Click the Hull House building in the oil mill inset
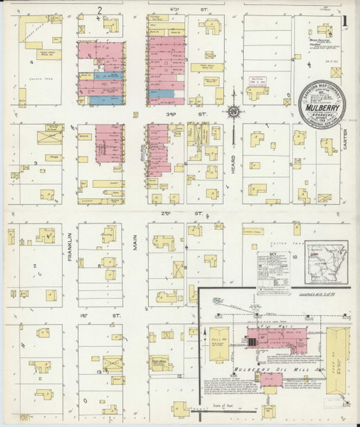click(x=219, y=343)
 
